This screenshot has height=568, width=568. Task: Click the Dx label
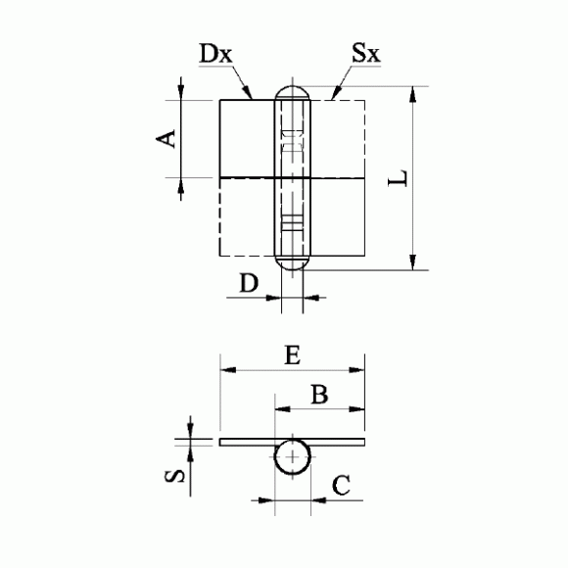coord(215,54)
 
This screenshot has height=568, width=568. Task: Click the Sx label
coord(366,53)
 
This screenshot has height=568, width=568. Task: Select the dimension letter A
coord(166,139)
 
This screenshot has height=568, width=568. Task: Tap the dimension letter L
coord(398,177)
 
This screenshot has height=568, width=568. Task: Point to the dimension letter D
coord(249,283)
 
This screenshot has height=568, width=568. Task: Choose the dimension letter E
coord(293,355)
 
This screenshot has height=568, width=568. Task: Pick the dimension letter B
coord(319,394)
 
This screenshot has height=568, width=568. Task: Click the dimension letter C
coord(341,486)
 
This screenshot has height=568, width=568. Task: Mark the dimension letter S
coord(174,477)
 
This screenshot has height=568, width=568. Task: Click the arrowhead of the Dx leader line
coord(248,93)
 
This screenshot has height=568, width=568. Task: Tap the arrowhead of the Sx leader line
coord(336,93)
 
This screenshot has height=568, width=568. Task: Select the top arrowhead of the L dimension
coord(412,95)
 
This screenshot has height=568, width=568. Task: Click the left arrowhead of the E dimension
coord(228,370)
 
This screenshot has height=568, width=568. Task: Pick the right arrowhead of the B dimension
coord(356,409)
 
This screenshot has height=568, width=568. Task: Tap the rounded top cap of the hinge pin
coord(293,87)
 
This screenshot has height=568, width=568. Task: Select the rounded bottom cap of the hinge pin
coord(293,269)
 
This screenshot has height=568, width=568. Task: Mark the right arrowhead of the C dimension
coord(319,500)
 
